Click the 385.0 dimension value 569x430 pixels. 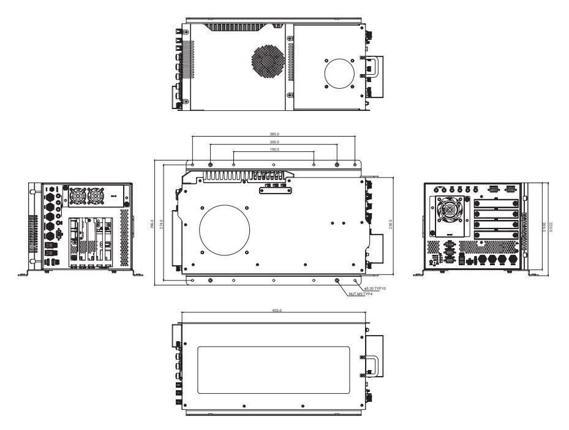[x=274, y=134]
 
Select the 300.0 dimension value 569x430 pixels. [x=274, y=141]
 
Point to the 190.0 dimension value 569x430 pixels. [x=274, y=149]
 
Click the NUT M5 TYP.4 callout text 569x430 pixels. [x=361, y=295]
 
